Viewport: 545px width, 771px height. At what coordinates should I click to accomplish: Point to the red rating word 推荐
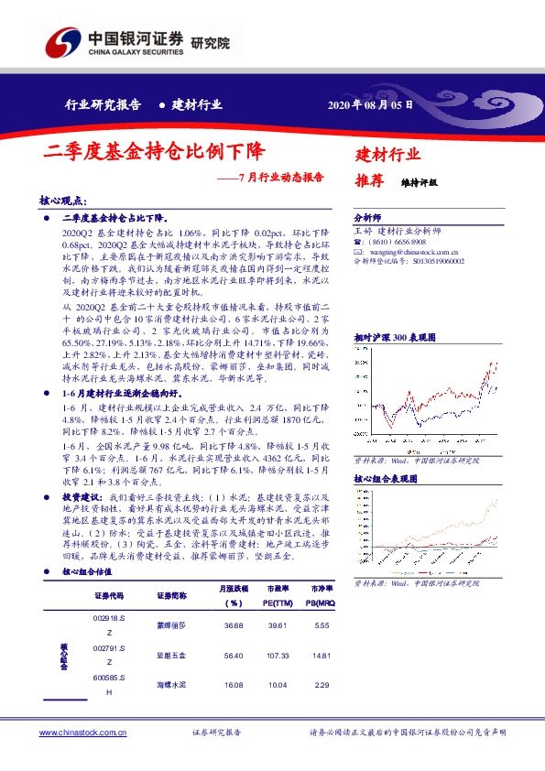click(x=368, y=181)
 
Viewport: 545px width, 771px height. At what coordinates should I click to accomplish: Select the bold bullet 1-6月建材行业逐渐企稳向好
click(x=118, y=392)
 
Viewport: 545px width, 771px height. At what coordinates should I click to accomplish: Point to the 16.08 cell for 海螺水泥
click(x=232, y=684)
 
